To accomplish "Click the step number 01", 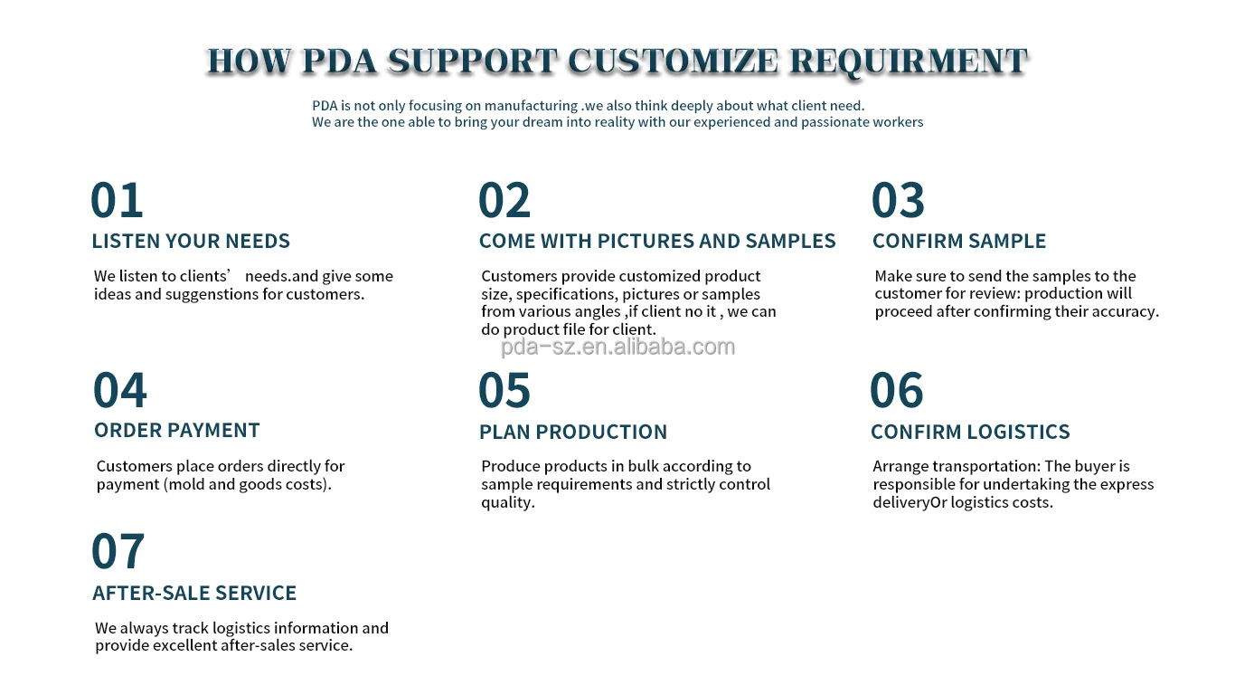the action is (x=117, y=200).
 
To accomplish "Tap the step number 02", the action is (x=504, y=200).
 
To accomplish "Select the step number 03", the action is (x=898, y=200).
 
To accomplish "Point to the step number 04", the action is (x=120, y=390).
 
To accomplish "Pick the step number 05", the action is (x=504, y=390).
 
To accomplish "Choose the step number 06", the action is (x=897, y=390).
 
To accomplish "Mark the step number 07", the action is (x=118, y=550).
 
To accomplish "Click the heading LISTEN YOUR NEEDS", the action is (x=191, y=241).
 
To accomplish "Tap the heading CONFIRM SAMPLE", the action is (x=959, y=241).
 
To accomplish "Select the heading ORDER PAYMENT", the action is (x=177, y=430).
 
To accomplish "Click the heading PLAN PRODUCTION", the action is (x=573, y=432).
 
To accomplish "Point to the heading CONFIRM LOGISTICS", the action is (x=970, y=432).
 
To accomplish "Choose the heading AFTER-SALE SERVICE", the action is (x=194, y=593).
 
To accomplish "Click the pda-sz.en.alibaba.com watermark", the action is (x=618, y=347).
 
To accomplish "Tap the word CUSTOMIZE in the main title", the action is (x=674, y=61).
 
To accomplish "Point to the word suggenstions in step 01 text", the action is (x=212, y=294).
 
